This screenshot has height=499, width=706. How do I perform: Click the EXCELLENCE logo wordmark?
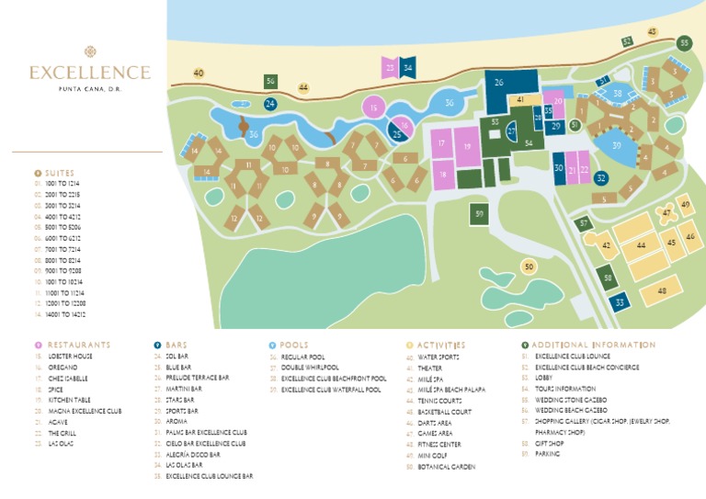click(x=89, y=72)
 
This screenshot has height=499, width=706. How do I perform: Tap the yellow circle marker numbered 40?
click(x=199, y=73)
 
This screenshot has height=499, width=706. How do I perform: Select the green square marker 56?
click(x=270, y=82)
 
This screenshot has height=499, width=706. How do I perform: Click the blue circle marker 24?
click(x=270, y=104)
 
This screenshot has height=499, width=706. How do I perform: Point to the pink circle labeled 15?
click(x=373, y=108)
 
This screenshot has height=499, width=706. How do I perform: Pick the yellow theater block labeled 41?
click(x=520, y=99)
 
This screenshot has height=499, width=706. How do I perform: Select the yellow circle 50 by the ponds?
click(x=528, y=267)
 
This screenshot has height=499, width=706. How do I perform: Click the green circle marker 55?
click(x=683, y=43)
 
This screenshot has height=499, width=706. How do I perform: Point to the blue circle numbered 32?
click(x=600, y=178)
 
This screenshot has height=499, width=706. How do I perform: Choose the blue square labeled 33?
click(x=621, y=301)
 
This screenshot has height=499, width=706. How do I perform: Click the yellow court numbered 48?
click(x=662, y=290)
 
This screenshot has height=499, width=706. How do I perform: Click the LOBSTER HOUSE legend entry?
click(x=70, y=357)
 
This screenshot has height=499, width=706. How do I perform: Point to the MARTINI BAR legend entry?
click(x=184, y=389)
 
